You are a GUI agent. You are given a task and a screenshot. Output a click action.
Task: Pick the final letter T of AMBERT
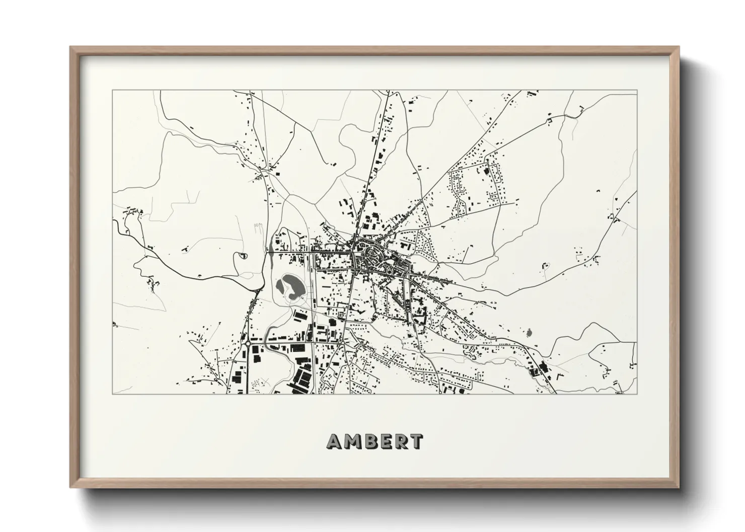(x=416, y=441)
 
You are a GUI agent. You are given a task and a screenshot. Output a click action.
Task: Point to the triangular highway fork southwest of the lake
(x=256, y=292)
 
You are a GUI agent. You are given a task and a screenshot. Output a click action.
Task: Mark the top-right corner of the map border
(x=637, y=91)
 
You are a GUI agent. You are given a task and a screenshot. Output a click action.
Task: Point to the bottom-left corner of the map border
(x=112, y=394)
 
